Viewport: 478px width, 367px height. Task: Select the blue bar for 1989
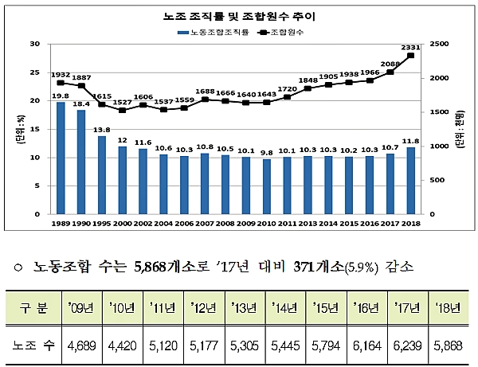[61, 158]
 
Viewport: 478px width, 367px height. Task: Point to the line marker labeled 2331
[410, 56]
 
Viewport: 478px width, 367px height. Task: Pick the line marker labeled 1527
[122, 110]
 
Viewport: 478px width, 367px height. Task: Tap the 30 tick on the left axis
[34, 44]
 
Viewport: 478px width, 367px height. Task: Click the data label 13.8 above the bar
[101, 129]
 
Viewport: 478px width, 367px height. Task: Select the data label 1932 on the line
[61, 74]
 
